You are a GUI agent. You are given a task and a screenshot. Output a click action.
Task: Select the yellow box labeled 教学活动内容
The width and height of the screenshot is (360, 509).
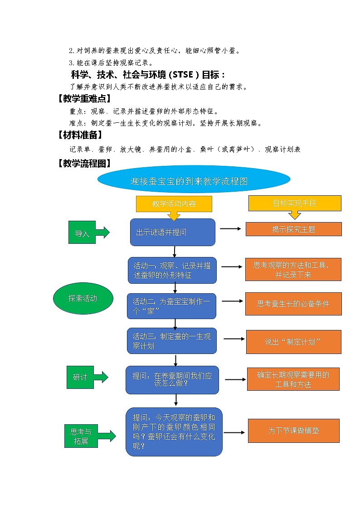tap(174, 204)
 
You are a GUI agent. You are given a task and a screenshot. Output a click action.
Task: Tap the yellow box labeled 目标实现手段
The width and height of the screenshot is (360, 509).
tap(295, 204)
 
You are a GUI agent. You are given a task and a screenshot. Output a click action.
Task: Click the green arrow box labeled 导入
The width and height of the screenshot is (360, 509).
tap(83, 233)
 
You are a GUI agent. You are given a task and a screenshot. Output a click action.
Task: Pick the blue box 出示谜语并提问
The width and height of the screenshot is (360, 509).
tap(172, 232)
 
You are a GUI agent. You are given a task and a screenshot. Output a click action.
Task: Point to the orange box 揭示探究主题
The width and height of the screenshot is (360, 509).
tap(293, 229)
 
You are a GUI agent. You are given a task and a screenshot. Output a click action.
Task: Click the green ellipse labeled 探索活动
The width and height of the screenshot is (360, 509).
tap(83, 298)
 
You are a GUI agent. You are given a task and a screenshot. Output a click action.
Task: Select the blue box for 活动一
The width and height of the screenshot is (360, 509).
tap(172, 270)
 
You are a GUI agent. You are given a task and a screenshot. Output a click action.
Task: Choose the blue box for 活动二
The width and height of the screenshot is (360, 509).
tap(171, 306)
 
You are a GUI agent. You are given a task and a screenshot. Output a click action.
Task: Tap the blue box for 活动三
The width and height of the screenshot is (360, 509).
tap(171, 341)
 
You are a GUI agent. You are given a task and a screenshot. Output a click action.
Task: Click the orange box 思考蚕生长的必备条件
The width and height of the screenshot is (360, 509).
tap(293, 304)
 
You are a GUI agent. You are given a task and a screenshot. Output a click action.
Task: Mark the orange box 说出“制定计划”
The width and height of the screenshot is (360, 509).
tap(293, 342)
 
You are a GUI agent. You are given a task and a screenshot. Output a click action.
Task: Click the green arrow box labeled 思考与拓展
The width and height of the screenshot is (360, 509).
tap(82, 436)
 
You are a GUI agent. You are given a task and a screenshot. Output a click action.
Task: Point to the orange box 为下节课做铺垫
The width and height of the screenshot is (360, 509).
tap(293, 431)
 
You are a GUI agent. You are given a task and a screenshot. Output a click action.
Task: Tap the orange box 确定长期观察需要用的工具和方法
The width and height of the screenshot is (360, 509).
tap(293, 379)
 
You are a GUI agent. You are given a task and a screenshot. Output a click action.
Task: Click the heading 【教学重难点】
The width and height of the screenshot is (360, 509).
tap(84, 98)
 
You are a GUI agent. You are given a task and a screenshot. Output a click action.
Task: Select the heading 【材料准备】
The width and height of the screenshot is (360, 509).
tap(80, 135)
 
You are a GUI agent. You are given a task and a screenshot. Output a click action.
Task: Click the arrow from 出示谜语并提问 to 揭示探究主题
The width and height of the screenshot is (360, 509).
tap(230, 229)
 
